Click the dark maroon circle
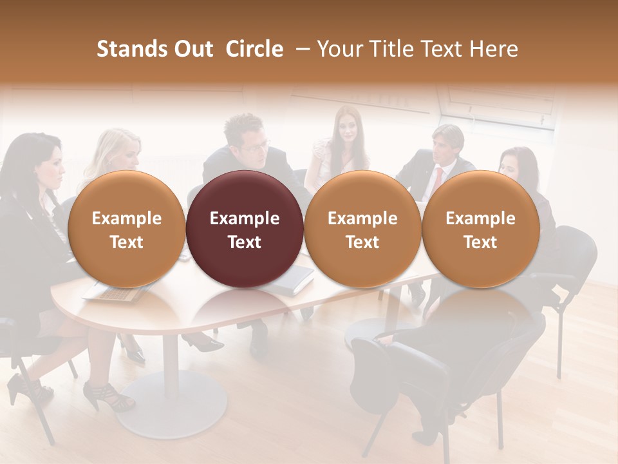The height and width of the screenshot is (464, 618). pos(245,229)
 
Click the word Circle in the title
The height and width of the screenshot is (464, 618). pos(254,49)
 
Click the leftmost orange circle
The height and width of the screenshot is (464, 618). pos(126,229)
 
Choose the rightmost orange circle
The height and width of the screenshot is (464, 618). pos(480,229)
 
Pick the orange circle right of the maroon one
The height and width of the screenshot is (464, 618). pos(362,229)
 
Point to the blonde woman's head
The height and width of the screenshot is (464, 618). pos(122,148)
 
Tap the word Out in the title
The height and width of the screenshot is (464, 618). pos(192,49)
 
